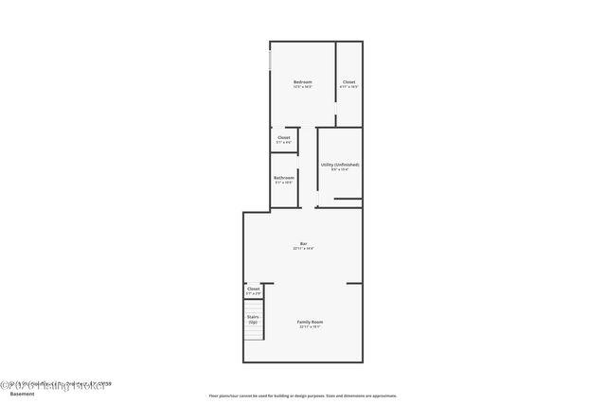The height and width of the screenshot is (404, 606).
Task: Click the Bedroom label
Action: coord(302,81)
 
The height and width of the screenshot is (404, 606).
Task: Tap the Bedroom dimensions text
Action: coord(302,87)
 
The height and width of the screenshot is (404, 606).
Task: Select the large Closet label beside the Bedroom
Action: coord(348,81)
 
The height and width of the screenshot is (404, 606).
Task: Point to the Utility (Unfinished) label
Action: coord(339,165)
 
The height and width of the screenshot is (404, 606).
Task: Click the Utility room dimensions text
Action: coord(339,170)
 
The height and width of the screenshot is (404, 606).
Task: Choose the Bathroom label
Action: coord(284,178)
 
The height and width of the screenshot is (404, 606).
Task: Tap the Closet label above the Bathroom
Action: coord(284,137)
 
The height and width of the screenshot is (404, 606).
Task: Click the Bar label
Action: coord(303,243)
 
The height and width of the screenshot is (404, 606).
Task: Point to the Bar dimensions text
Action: coord(303,249)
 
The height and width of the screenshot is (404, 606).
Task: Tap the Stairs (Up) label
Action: coord(253,320)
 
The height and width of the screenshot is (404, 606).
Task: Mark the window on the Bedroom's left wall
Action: coord(270,61)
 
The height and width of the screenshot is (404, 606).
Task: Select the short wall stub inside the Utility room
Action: coord(348,199)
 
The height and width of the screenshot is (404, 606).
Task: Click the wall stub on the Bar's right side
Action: coord(354,283)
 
